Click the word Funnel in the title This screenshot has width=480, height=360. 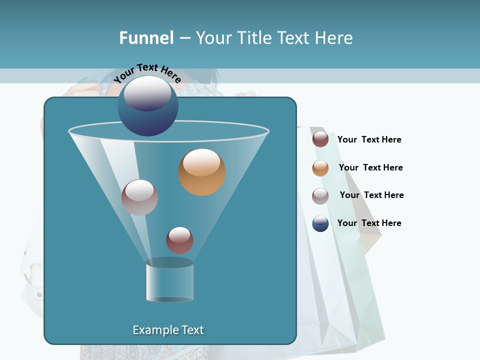tap(146, 38)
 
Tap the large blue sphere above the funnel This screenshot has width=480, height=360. tap(147, 106)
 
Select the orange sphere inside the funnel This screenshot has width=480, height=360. tap(202, 172)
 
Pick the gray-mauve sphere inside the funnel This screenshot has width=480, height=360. tap(139, 197)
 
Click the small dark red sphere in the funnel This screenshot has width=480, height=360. tap(179, 240)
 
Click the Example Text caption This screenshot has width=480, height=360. tap(168, 330)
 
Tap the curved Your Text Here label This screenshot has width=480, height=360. tap(147, 72)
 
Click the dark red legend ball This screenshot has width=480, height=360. tap(320, 139)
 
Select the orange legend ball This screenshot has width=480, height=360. tap(320, 168)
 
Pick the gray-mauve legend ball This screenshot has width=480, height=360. tap(320, 196)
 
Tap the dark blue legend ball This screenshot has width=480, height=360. tap(320, 223)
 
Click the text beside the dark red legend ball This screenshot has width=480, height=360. tap(369, 140)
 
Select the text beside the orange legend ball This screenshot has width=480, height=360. tap(370, 168)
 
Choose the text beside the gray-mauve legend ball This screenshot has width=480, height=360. tap(371, 195)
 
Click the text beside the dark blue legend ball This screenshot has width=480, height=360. tap(369, 223)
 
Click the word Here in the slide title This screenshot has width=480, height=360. tap(333, 38)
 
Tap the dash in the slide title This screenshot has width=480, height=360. tap(184, 38)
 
